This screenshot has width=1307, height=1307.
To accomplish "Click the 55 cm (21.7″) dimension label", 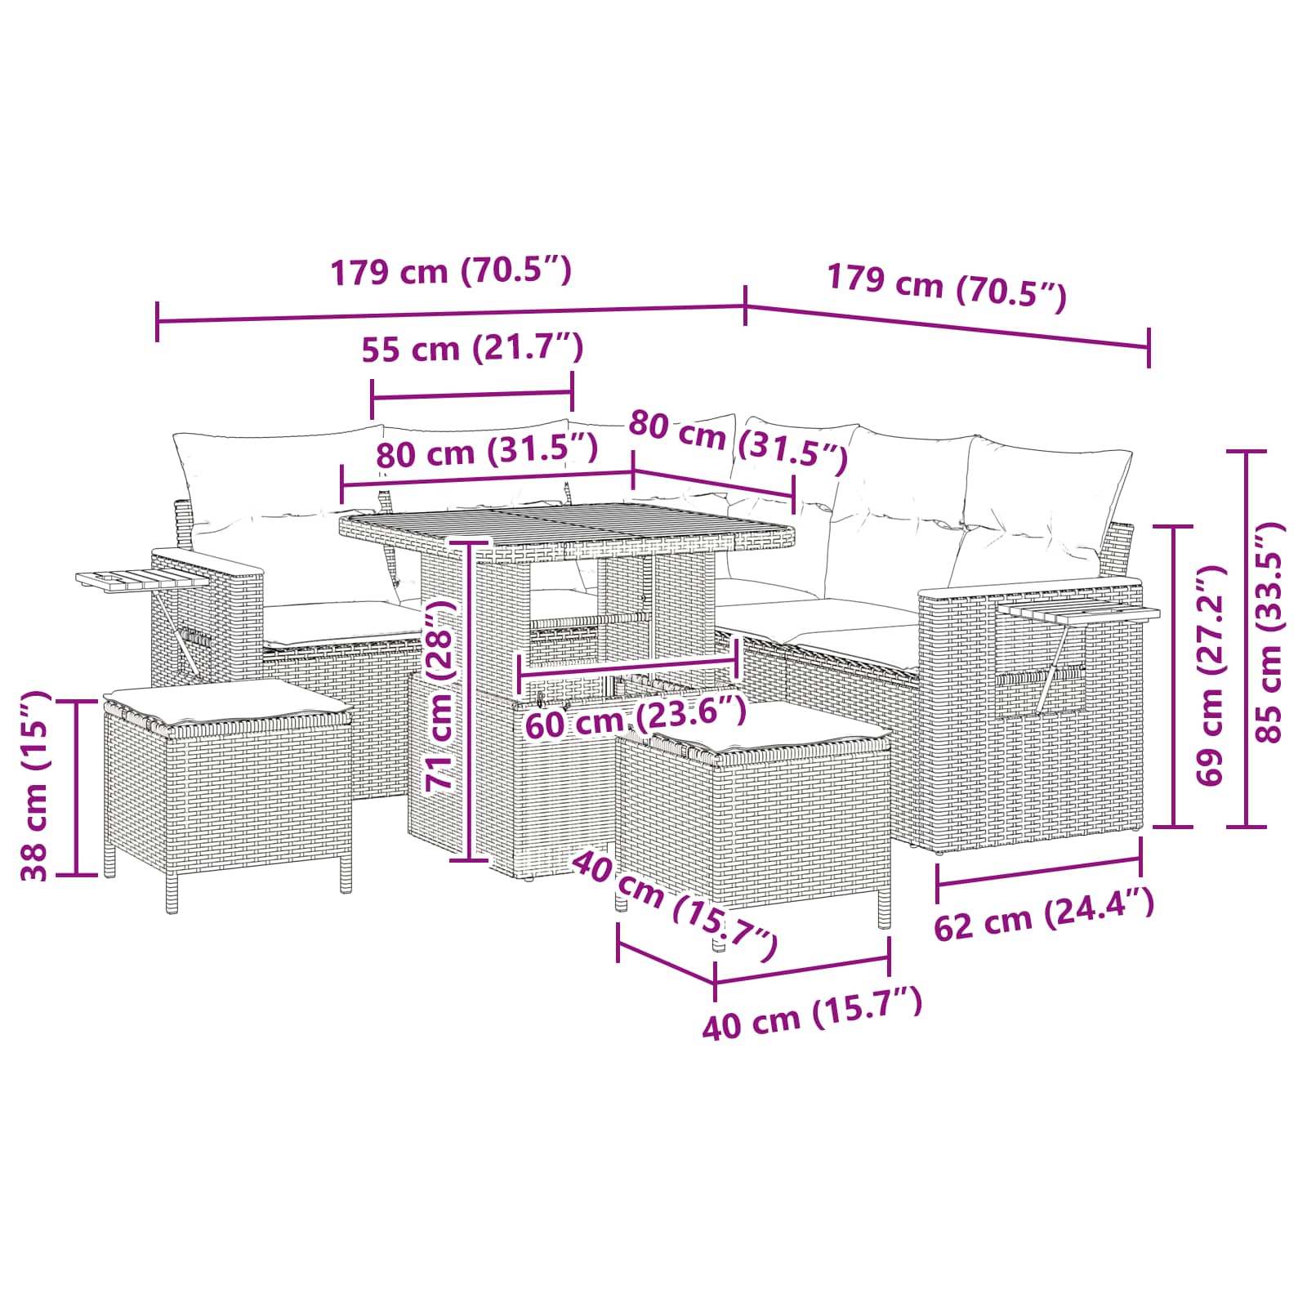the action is pyautogui.click(x=472, y=349).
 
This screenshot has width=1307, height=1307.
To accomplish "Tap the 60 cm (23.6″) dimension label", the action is pyautogui.click(x=635, y=718).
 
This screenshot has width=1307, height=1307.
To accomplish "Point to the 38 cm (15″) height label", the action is pyautogui.click(x=37, y=786).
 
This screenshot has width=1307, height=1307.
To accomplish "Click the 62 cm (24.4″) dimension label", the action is pyautogui.click(x=1044, y=915).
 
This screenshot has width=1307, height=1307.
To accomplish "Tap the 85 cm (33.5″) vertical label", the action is pyautogui.click(x=1270, y=632).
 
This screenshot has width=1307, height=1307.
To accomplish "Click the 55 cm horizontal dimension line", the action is pyautogui.click(x=472, y=395).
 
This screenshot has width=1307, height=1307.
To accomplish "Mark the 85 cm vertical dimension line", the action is pyautogui.click(x=1247, y=638).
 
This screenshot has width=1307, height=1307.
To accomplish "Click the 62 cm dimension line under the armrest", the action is pyautogui.click(x=1039, y=871).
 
